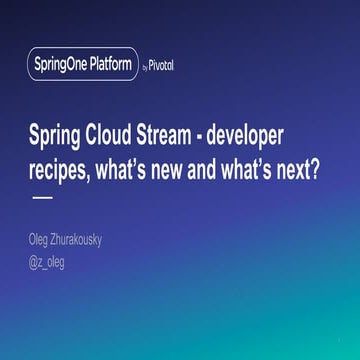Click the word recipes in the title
point(60,167)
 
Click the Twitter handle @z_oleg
point(48,262)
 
